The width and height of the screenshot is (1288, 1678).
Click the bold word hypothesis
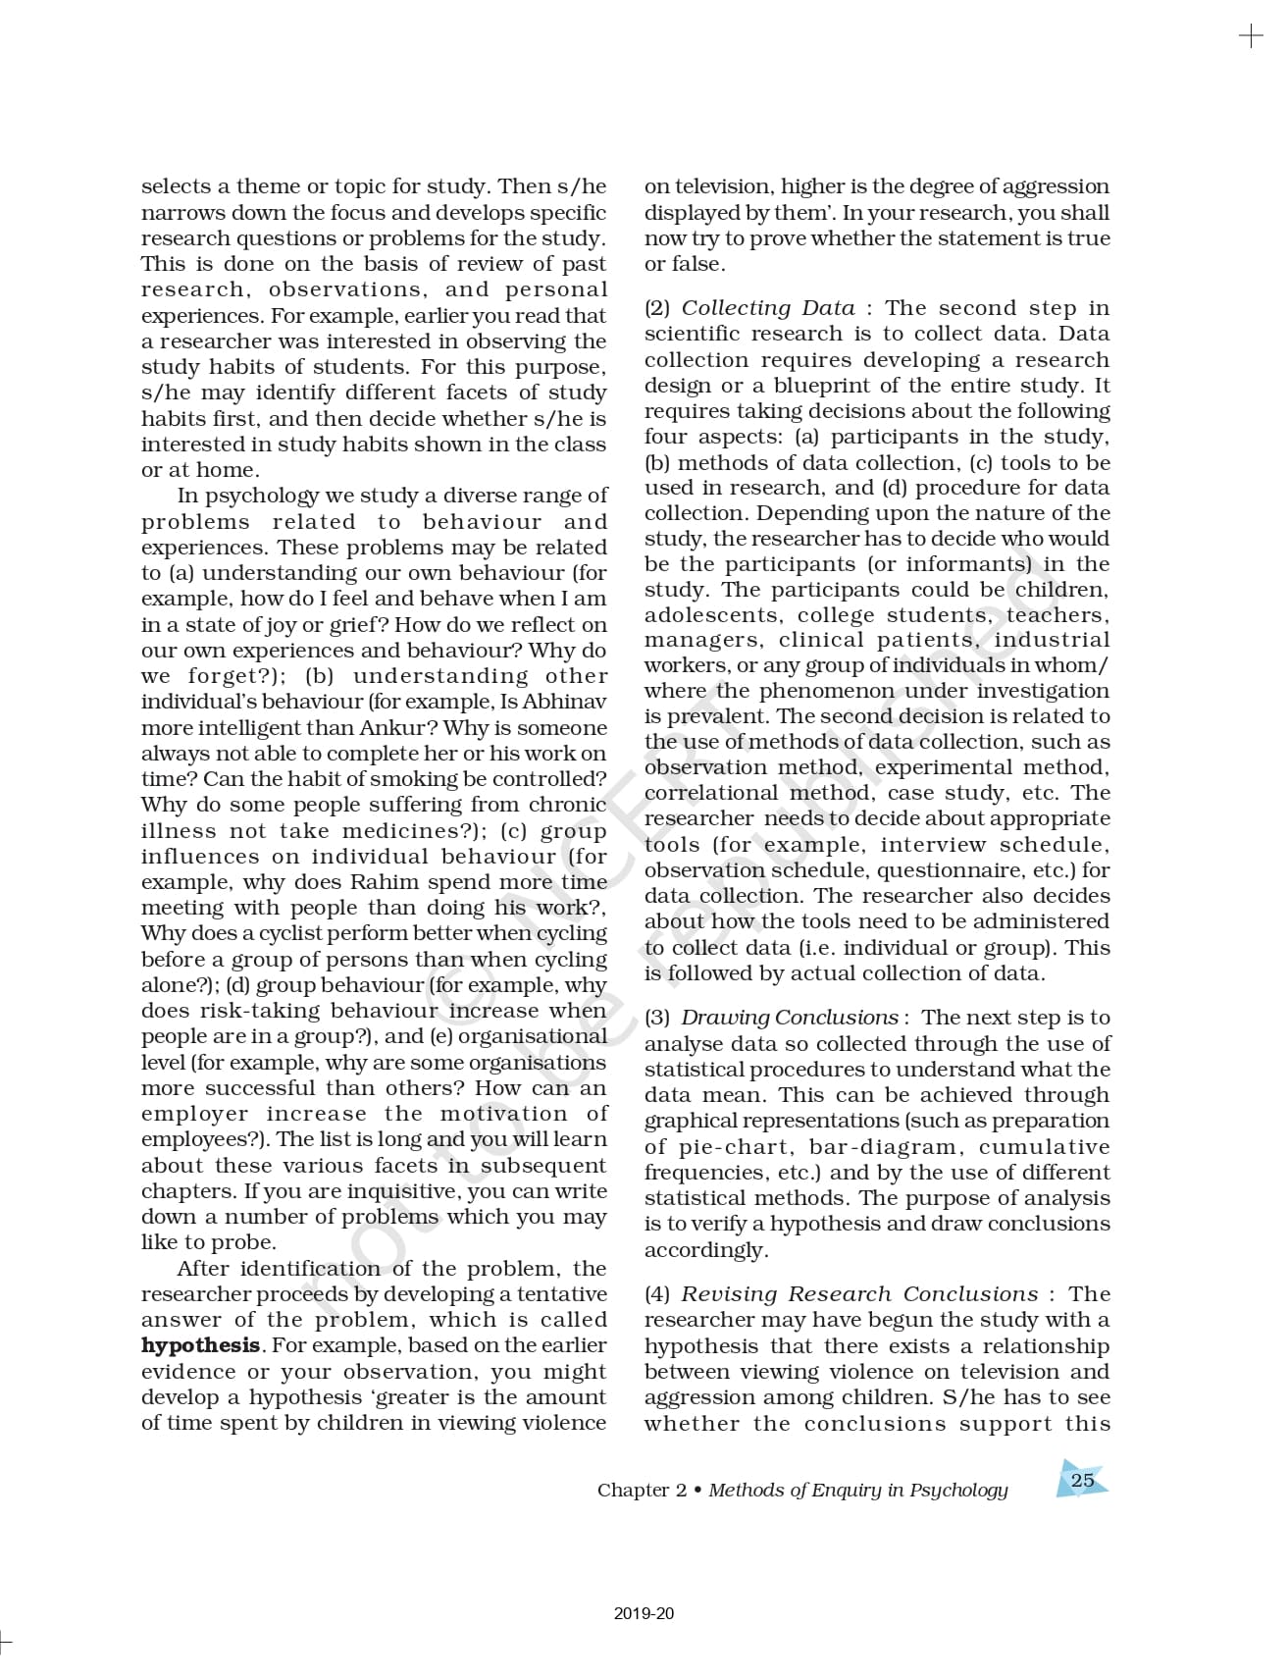(x=200, y=1345)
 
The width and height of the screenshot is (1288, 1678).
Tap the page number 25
(x=1082, y=1480)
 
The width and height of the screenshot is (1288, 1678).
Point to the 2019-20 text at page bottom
(x=644, y=1613)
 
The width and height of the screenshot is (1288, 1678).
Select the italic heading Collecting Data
(x=768, y=308)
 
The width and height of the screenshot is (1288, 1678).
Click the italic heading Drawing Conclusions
(x=790, y=1018)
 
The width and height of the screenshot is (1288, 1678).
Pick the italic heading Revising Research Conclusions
(x=859, y=1294)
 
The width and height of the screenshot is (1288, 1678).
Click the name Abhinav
(x=564, y=702)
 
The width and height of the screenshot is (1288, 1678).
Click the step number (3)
(x=657, y=1018)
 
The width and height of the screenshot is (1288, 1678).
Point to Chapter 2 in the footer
(x=642, y=1490)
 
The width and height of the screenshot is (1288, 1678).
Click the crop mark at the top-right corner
(x=1251, y=37)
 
